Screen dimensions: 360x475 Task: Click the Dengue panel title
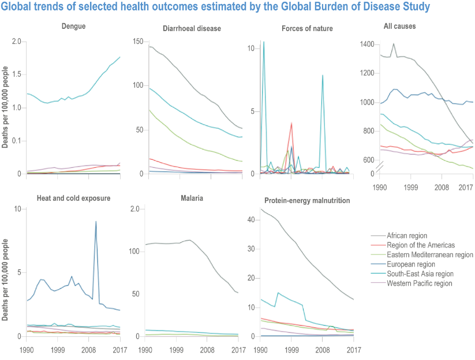click(x=73, y=27)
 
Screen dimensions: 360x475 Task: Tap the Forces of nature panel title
click(x=307, y=28)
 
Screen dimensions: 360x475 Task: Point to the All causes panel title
click(x=399, y=26)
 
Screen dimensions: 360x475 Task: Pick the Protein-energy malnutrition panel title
click(x=308, y=201)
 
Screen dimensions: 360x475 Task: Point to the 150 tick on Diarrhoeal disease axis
click(x=138, y=42)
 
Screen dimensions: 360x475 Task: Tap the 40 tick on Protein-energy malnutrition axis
click(x=250, y=220)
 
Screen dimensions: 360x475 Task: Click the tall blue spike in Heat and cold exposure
click(x=96, y=222)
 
